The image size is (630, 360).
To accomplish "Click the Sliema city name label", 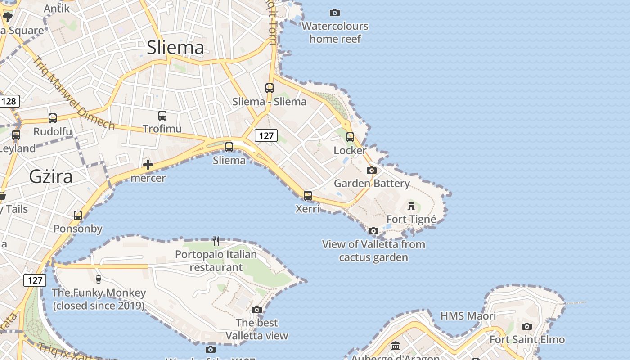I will point(175,47).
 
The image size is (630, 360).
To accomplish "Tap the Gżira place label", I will point(51,176).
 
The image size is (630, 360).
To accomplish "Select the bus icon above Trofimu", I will point(162,116).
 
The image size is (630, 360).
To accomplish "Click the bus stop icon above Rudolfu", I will point(53,118).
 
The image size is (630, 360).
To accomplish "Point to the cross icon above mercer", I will point(148,165).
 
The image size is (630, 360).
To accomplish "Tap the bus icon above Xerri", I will point(308,195).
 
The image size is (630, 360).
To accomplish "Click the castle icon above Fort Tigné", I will point(411,206).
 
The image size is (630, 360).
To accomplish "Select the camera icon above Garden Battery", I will point(372,170).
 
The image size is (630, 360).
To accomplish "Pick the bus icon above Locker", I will point(350,137).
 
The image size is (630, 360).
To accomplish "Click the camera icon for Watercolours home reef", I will point(335,13).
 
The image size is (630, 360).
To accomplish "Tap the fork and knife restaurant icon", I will point(216,241).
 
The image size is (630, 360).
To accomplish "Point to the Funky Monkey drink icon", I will point(99,279).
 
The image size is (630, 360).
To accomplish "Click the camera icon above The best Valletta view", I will point(257,310).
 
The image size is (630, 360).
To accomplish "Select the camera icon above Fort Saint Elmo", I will point(527,326).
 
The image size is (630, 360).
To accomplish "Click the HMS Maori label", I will point(468,316).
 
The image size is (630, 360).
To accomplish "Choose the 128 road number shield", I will point(9,101).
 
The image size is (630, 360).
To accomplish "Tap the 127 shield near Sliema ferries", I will point(266,135).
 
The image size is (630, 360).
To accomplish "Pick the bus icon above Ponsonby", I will point(78,216).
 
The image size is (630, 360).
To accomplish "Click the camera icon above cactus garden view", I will point(373,231).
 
